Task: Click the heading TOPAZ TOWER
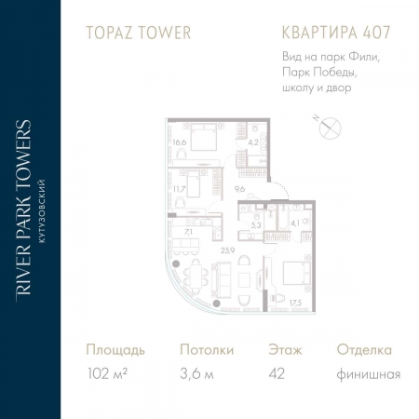click(137, 33)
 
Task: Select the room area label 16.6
click(179, 142)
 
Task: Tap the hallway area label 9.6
click(240, 189)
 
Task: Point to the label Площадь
click(115, 350)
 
